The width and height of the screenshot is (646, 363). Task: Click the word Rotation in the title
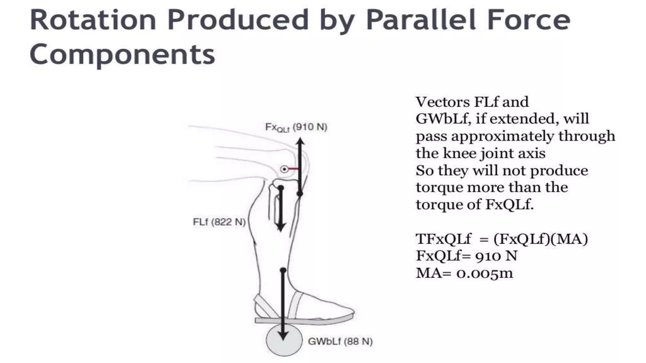pyautogui.click(x=93, y=20)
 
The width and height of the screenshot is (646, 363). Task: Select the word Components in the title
pyautogui.click(x=122, y=54)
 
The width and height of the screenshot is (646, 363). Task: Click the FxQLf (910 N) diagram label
pyautogui.click(x=296, y=127)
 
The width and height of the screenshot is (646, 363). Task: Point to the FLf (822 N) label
pyautogui.click(x=219, y=222)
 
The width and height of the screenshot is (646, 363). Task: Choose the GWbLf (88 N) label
pyautogui.click(x=340, y=342)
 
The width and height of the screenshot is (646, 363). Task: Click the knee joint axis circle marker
pyautogui.click(x=285, y=170)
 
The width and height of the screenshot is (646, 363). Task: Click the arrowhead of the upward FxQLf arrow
pyautogui.click(x=300, y=141)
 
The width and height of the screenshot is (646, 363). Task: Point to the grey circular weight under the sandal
pyautogui.click(x=283, y=341)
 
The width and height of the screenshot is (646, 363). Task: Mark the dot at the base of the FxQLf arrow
pyautogui.click(x=300, y=194)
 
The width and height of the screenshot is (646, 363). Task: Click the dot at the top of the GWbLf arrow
pyautogui.click(x=283, y=270)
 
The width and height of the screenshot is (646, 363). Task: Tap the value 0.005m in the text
pyautogui.click(x=484, y=273)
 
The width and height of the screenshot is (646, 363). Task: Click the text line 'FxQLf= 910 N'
pyautogui.click(x=467, y=256)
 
